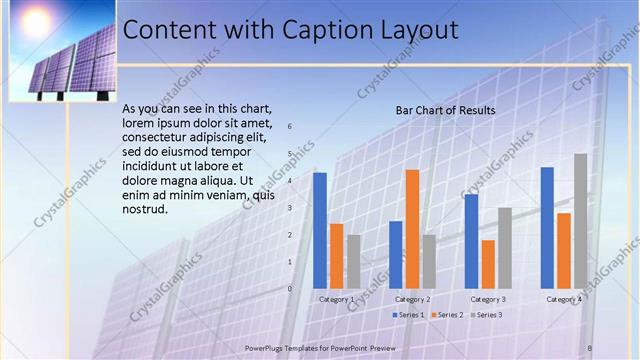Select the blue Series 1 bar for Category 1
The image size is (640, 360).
pos(320,230)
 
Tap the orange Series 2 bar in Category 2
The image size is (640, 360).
pos(412,228)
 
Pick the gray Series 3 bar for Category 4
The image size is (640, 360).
pos(581,221)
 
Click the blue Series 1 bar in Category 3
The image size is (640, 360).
pos(471,241)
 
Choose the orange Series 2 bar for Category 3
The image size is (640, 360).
pos(488,264)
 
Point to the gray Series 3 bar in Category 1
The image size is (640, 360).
pos(354,261)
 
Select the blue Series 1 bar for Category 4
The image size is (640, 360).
pos(547,227)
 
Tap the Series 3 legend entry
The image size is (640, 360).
pos(485,315)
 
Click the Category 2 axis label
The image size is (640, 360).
pos(412,299)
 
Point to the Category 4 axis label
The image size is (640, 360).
pos(564,299)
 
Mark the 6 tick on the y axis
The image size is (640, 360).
pos(290,127)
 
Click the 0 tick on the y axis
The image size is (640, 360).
pos(290,288)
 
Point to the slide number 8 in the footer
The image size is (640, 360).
pos(590,348)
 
